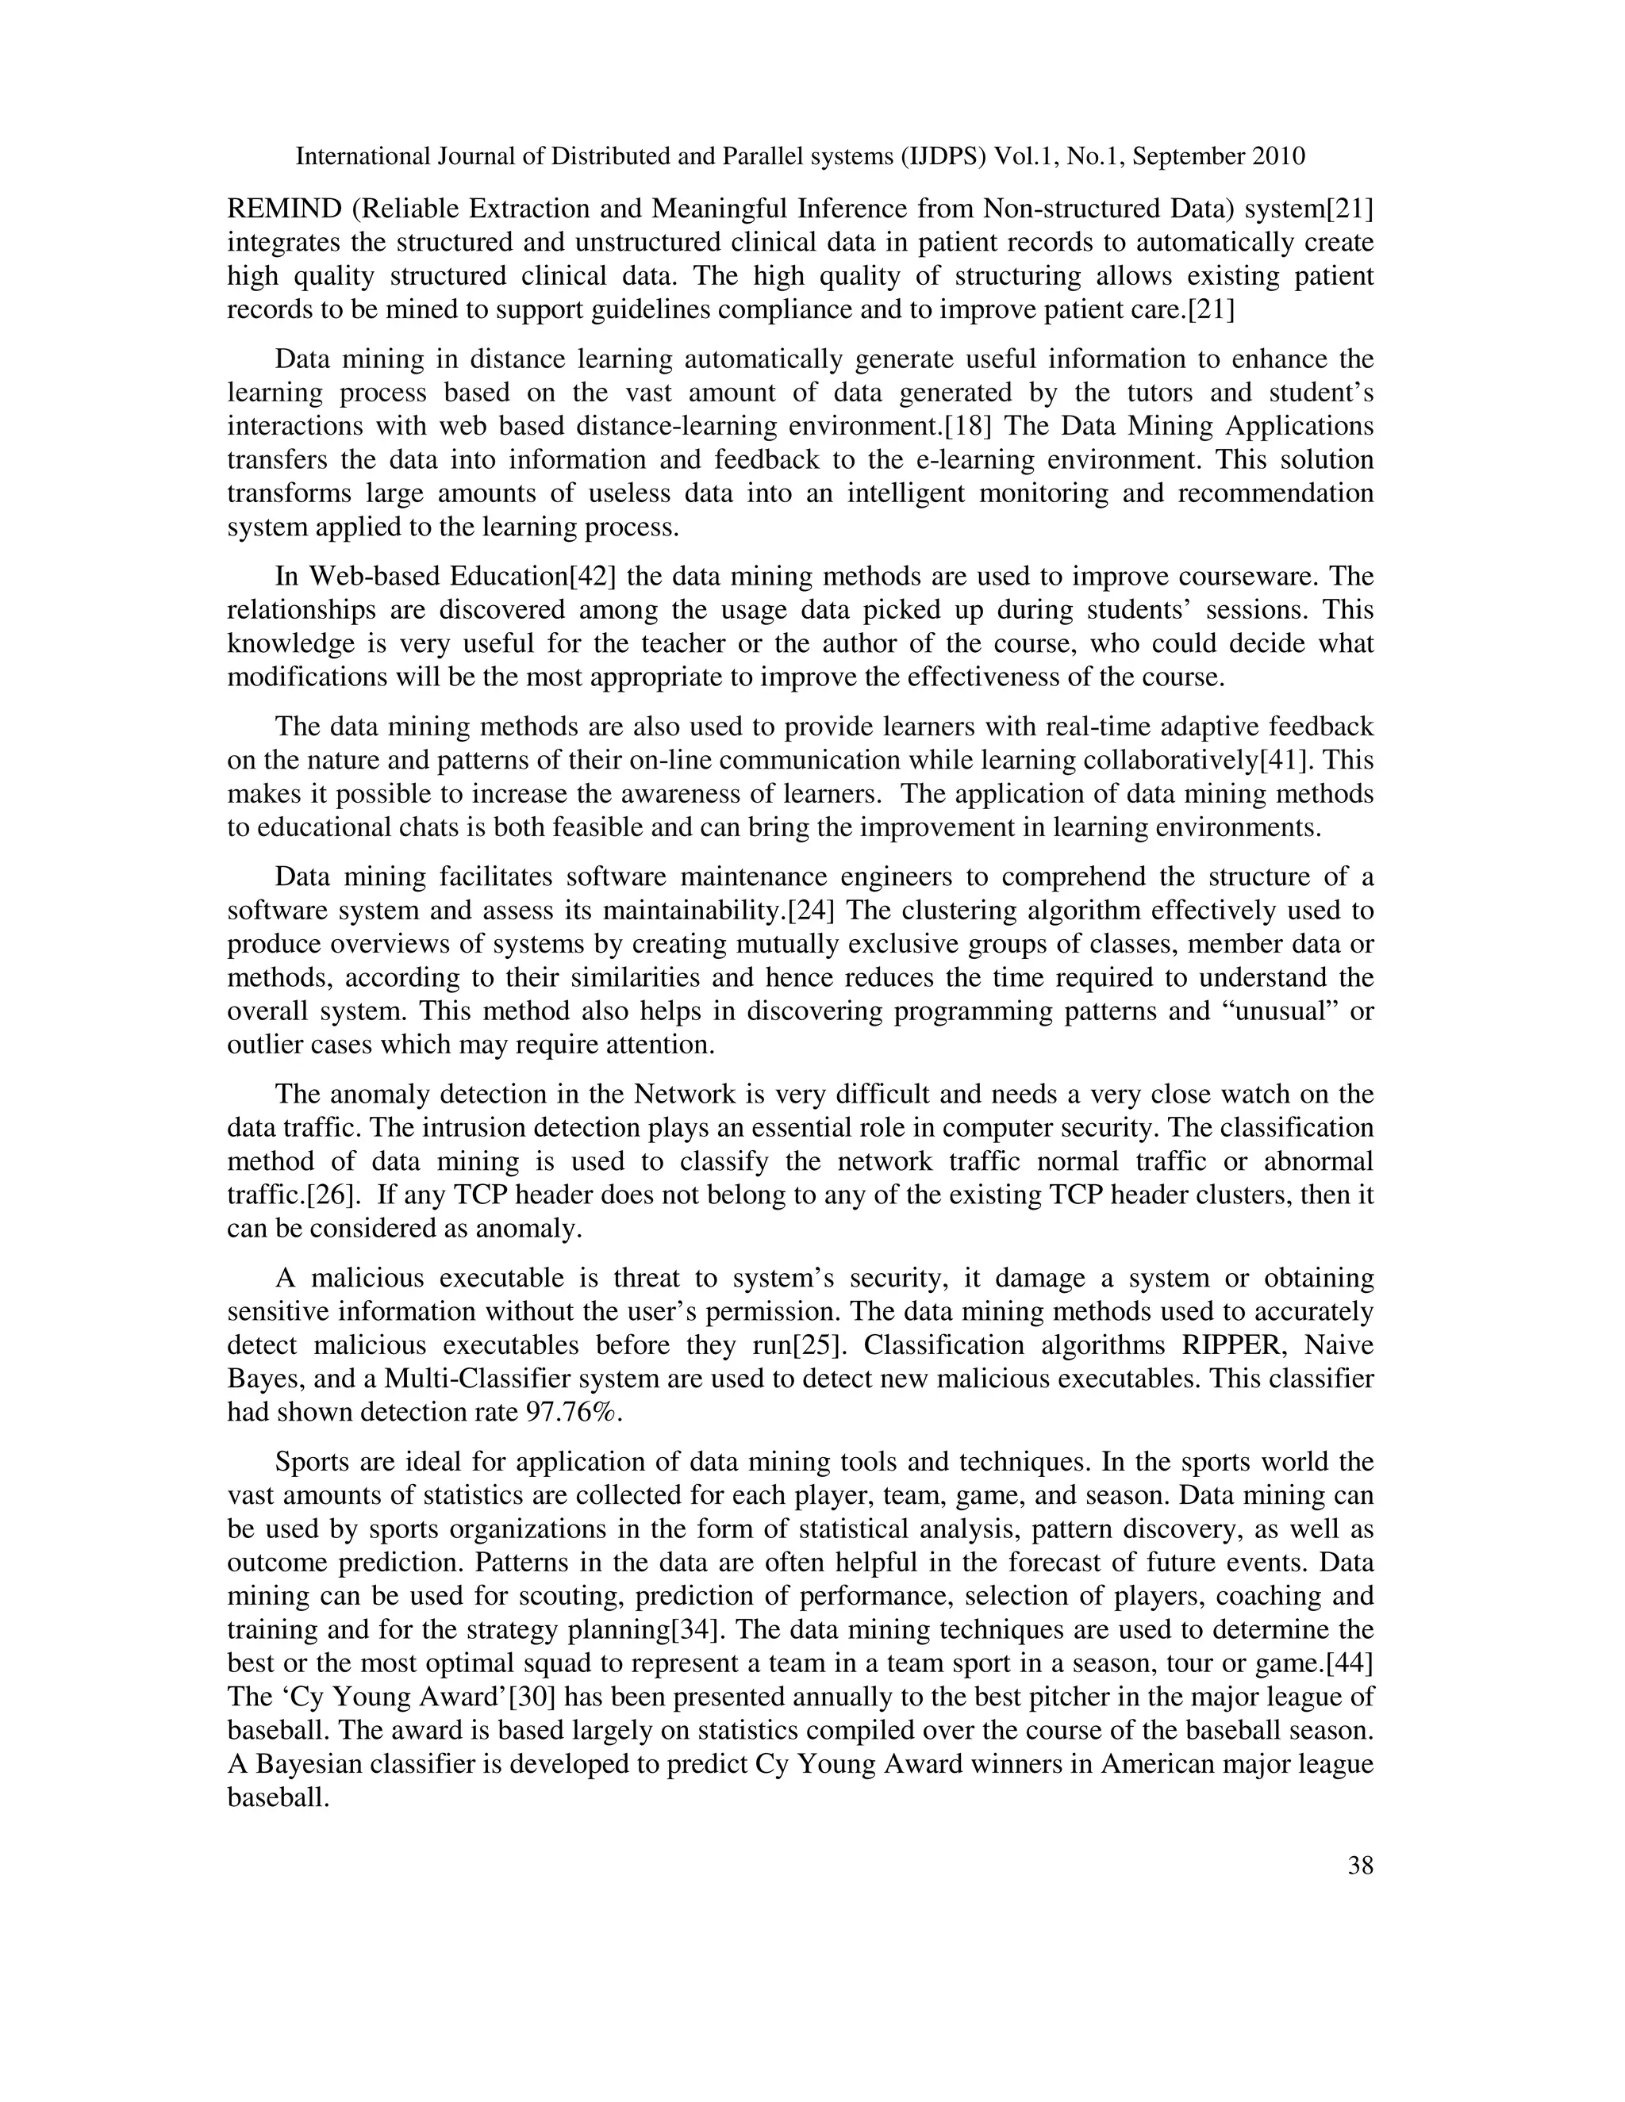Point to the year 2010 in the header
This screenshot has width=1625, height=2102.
click(x=1278, y=156)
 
